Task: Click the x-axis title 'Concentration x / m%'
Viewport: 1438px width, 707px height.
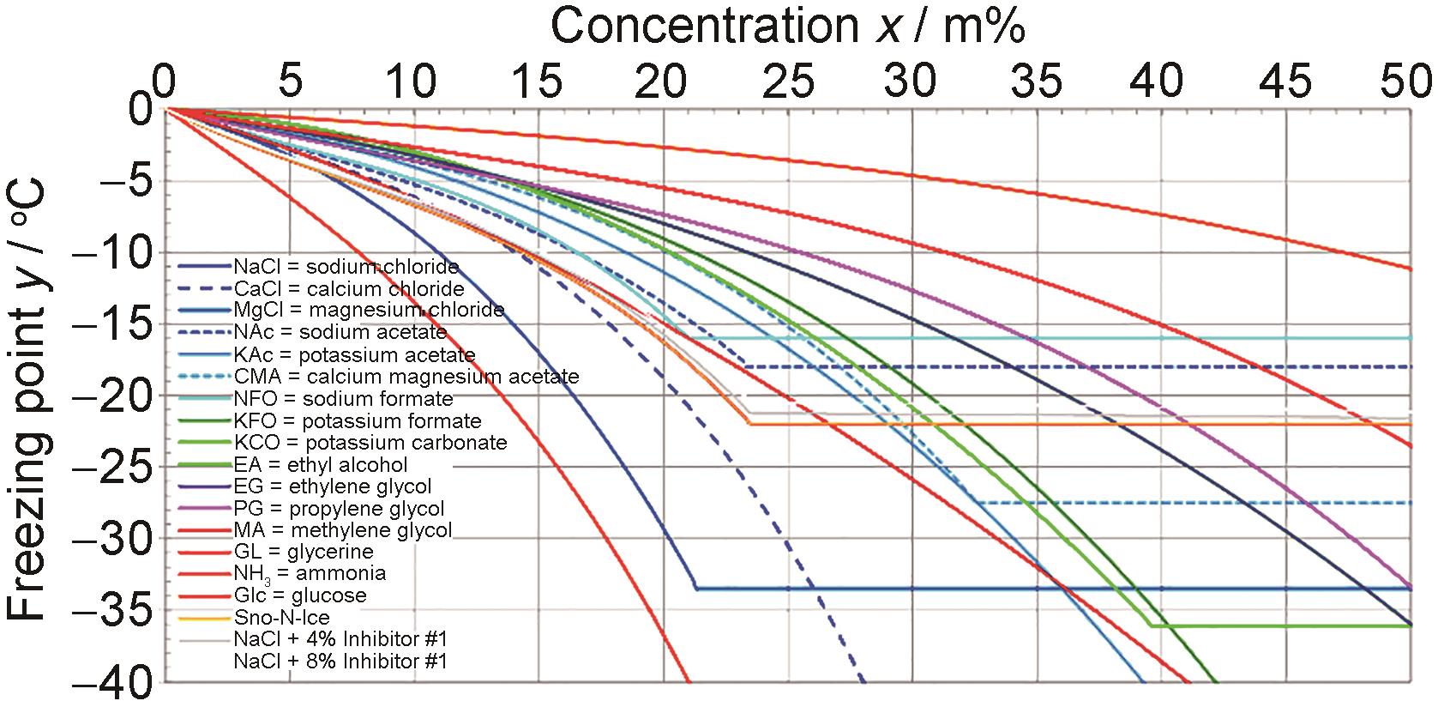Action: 787,26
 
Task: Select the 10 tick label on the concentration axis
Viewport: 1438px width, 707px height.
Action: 414,83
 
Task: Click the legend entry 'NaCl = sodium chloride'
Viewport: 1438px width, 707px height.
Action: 346,267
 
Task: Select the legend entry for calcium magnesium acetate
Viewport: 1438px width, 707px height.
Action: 406,377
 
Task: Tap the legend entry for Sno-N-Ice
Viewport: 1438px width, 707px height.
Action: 281,618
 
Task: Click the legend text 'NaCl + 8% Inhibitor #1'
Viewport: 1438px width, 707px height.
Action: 340,662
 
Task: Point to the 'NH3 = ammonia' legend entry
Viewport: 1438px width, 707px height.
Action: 310,573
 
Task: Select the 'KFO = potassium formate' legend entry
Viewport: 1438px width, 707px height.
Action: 358,421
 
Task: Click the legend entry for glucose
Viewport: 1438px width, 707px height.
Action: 300,595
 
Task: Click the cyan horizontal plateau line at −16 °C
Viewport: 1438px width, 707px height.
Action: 1029,338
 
